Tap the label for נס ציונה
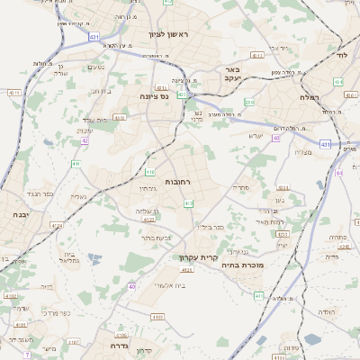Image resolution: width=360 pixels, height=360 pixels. point(154,95)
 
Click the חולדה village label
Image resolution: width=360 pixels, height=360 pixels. point(327,311)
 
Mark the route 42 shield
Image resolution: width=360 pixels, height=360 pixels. point(85,140)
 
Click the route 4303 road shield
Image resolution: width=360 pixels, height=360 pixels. point(281,233)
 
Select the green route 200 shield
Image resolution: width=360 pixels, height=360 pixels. point(249,103)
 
